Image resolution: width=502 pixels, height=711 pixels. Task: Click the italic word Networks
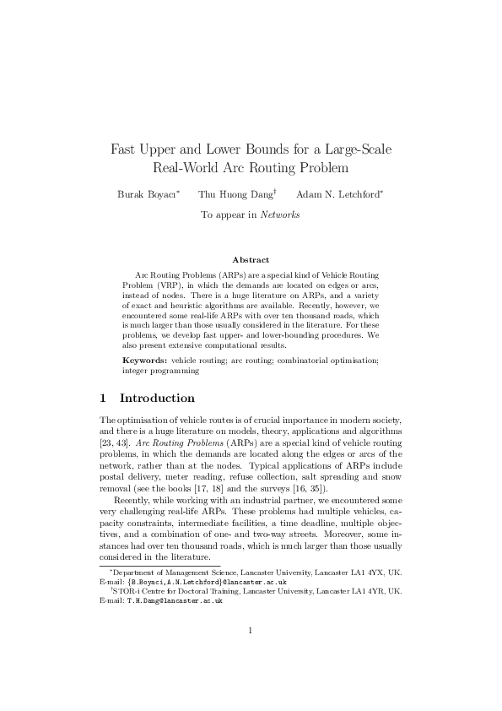click(x=279, y=215)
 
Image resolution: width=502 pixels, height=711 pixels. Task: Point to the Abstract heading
click(x=251, y=260)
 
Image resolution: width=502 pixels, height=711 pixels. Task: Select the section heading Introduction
click(x=157, y=398)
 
